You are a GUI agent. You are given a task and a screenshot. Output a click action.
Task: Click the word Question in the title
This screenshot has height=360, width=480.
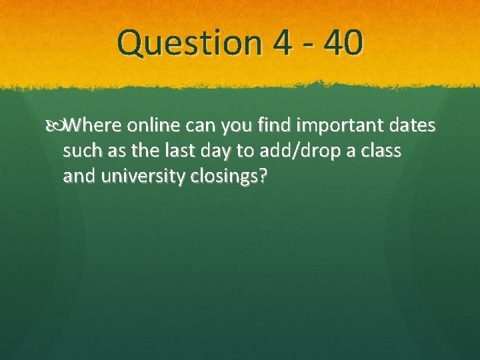click(x=189, y=43)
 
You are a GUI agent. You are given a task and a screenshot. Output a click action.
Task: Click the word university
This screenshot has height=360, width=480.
click(x=141, y=177)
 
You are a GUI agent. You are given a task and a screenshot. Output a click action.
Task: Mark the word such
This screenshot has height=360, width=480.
click(x=83, y=151)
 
